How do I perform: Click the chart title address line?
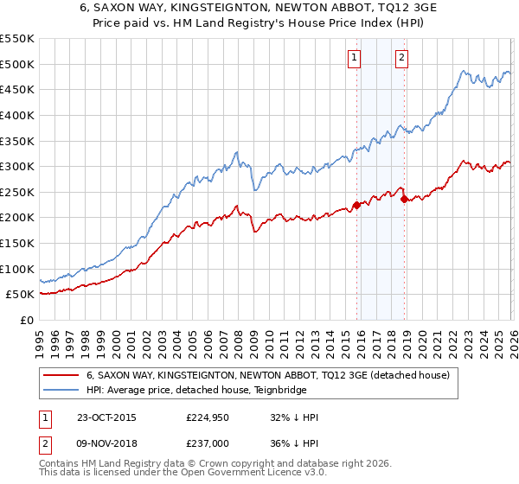click(x=259, y=9)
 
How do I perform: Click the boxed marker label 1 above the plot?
click(x=355, y=58)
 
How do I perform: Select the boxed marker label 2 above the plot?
click(x=402, y=58)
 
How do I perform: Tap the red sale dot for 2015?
click(x=356, y=205)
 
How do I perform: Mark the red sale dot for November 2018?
click(x=404, y=199)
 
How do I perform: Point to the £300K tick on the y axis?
click(x=17, y=166)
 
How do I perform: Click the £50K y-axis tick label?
click(x=20, y=295)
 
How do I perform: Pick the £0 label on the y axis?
click(x=26, y=321)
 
